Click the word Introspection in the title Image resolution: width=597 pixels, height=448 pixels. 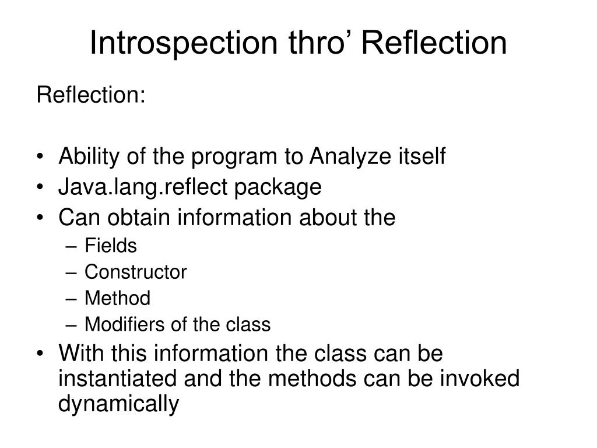(184, 44)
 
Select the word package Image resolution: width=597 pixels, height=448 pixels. (278, 188)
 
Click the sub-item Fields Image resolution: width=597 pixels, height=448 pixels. (110, 246)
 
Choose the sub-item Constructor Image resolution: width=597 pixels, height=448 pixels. (135, 272)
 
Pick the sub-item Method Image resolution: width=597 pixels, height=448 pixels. (117, 298)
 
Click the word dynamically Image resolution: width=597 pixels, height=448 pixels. (118, 404)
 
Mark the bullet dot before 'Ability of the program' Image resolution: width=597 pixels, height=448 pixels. (40, 156)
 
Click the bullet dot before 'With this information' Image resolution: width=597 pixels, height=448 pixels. (40, 353)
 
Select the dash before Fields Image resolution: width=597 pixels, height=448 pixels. (71, 247)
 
